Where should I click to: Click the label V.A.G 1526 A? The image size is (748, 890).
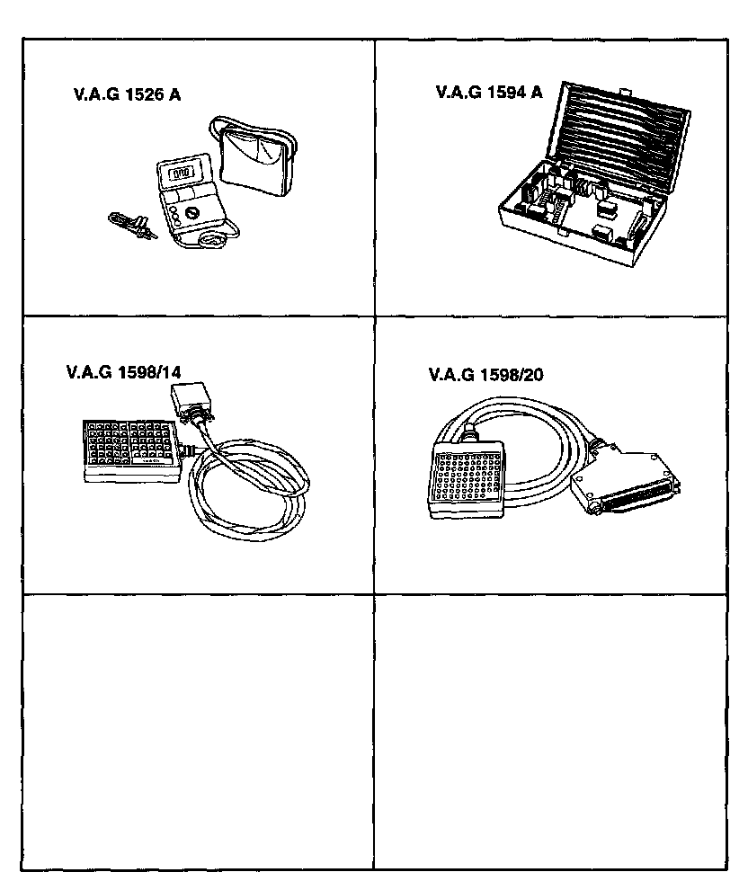pyautogui.click(x=127, y=95)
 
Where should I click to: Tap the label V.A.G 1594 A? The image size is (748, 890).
pyautogui.click(x=488, y=92)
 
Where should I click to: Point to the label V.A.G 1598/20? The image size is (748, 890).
pyautogui.click(x=486, y=375)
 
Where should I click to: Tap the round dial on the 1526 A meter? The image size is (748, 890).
pyautogui.click(x=191, y=215)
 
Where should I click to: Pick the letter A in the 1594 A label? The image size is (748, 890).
pyautogui.click(x=536, y=92)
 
